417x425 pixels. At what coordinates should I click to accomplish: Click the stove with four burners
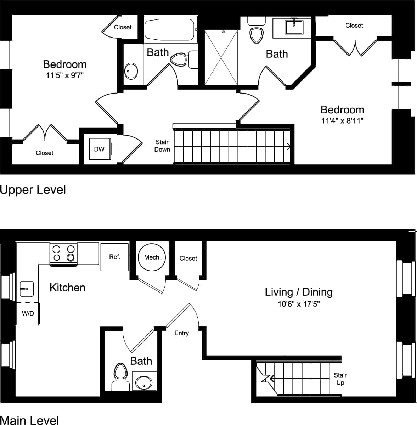[63, 253]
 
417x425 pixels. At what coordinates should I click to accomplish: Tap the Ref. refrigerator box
[114, 257]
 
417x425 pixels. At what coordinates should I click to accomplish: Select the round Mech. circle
[152, 257]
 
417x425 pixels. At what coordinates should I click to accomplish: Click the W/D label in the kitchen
[28, 313]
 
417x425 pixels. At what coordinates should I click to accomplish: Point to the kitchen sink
[26, 289]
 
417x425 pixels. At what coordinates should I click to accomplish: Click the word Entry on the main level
[181, 333]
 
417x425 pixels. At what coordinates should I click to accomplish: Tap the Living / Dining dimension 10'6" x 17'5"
[298, 304]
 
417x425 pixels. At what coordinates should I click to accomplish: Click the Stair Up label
[340, 379]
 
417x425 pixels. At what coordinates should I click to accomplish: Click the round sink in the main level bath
[144, 381]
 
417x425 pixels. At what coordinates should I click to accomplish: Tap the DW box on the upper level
[100, 149]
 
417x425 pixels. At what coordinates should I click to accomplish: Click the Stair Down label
[162, 146]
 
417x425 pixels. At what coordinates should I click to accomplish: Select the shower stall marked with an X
[221, 57]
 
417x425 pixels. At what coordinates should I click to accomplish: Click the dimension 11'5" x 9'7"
[64, 75]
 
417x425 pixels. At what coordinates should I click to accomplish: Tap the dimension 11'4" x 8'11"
[342, 121]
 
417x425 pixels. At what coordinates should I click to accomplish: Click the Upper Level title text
[33, 190]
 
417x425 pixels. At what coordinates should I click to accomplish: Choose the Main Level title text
[29, 420]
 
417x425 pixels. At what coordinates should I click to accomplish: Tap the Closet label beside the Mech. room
[188, 259]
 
